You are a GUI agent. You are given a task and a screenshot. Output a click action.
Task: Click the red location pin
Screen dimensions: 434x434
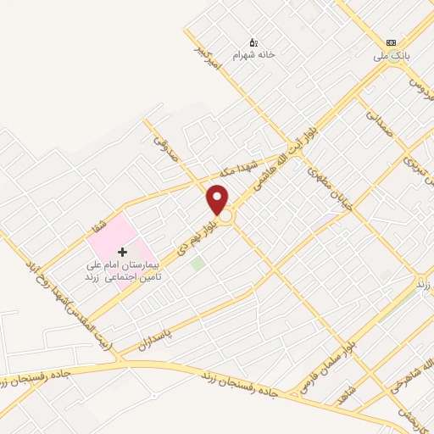point(218,200)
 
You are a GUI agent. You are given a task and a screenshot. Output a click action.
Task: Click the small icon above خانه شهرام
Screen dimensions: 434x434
point(252,42)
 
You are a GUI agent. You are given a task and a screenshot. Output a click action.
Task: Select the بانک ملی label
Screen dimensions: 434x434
point(392,58)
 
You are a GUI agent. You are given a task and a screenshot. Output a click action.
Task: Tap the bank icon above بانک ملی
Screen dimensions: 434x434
point(390,42)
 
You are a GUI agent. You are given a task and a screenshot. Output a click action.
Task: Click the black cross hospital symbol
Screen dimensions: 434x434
point(122,253)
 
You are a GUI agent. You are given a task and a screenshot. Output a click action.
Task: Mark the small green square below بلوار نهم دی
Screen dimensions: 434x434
point(198,264)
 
